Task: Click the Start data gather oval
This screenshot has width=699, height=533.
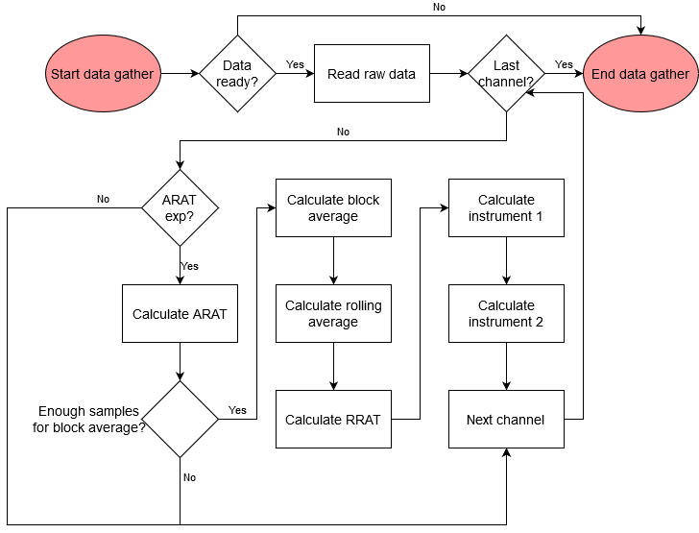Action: click(x=103, y=74)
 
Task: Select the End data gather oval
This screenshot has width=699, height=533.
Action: click(x=640, y=74)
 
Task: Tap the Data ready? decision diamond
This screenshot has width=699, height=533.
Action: click(x=237, y=74)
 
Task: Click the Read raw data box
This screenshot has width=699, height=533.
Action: click(x=372, y=74)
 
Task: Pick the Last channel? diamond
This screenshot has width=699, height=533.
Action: click(x=506, y=74)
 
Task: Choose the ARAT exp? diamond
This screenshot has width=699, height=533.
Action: click(x=180, y=208)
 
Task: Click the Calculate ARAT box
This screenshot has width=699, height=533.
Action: click(x=180, y=313)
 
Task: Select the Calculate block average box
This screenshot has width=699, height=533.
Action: click(x=333, y=208)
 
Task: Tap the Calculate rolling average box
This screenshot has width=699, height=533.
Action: click(x=333, y=313)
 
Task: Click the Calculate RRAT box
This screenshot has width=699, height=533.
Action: click(x=333, y=419)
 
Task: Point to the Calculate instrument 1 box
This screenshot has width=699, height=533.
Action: click(x=506, y=208)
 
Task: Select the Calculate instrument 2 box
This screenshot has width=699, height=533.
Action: click(x=506, y=313)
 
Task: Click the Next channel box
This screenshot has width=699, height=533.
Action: click(x=506, y=419)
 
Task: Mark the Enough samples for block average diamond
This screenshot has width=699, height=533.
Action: click(x=180, y=419)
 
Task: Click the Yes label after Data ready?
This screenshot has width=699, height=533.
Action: click(x=295, y=65)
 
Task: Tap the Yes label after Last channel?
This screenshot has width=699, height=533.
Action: click(x=564, y=65)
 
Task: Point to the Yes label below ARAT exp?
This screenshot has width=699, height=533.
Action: click(x=190, y=266)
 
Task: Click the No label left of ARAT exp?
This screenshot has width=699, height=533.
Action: click(x=103, y=200)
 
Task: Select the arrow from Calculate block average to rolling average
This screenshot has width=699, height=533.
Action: click(x=333, y=260)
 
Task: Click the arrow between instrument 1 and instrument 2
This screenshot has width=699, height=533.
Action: click(x=506, y=260)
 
